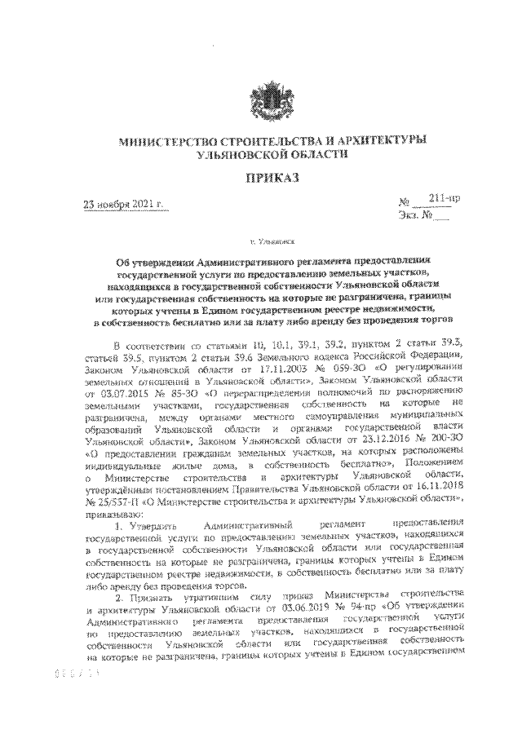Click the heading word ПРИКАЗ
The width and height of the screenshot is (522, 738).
(x=261, y=176)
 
